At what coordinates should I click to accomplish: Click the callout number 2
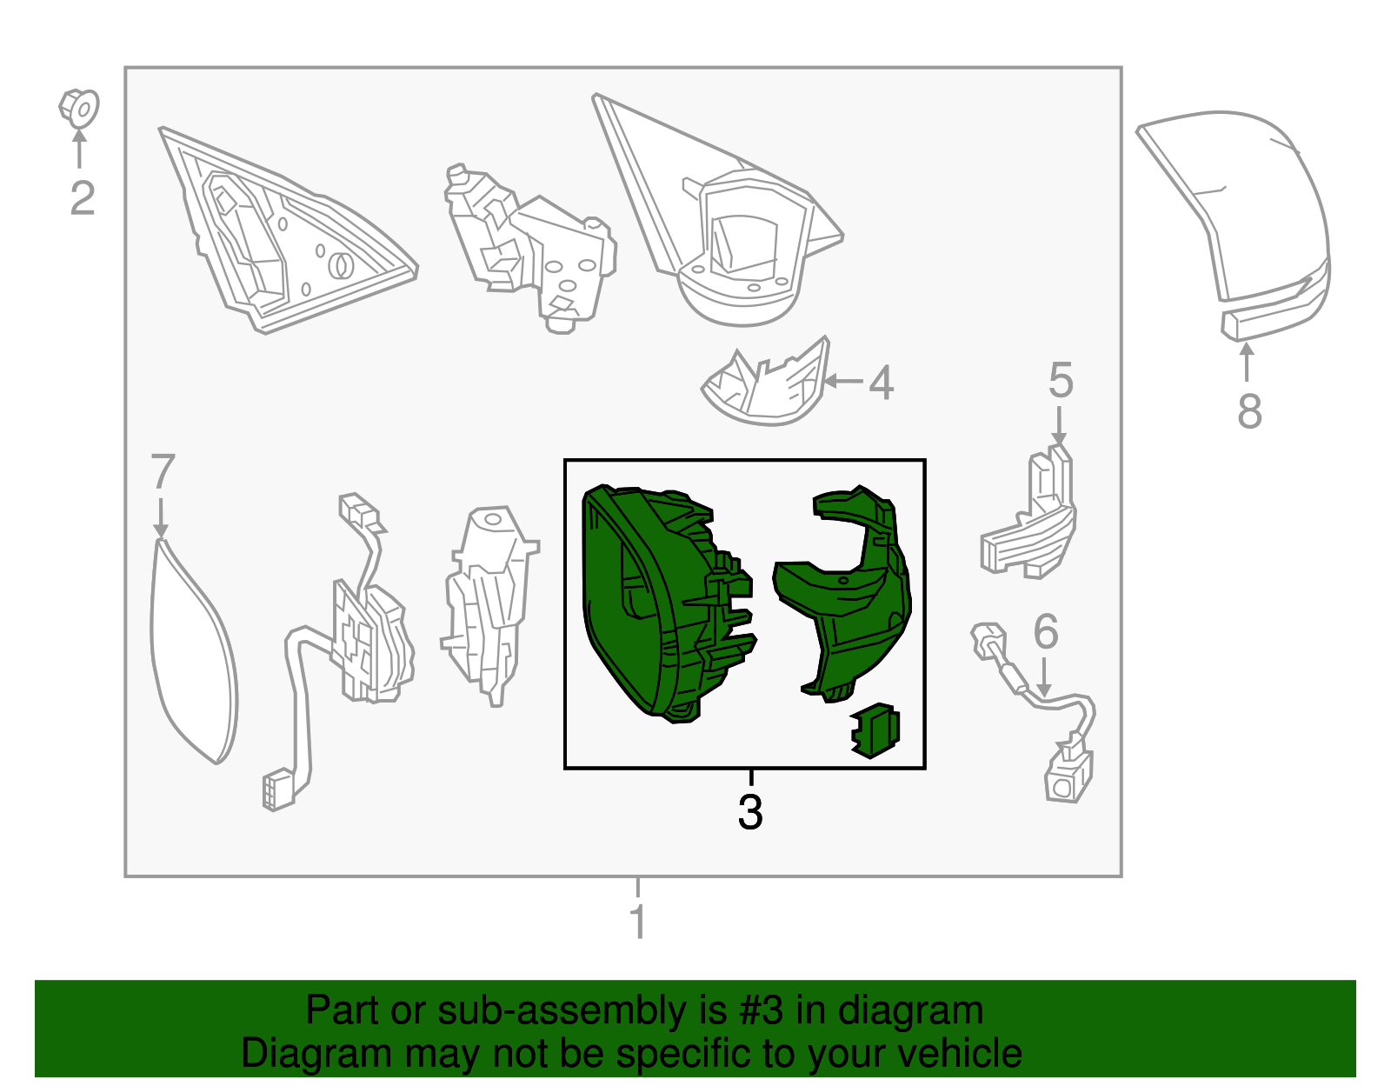(83, 198)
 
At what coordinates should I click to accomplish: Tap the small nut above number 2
(79, 109)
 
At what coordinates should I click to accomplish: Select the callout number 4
(881, 383)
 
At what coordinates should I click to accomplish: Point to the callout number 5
(1061, 380)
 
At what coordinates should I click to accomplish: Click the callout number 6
(1045, 631)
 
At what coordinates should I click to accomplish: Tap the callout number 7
(163, 471)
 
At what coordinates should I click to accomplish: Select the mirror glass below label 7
(193, 651)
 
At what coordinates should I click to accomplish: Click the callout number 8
(1249, 411)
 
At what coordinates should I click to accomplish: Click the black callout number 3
(750, 812)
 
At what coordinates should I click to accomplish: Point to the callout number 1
(637, 922)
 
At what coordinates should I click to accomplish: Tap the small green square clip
(875, 730)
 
